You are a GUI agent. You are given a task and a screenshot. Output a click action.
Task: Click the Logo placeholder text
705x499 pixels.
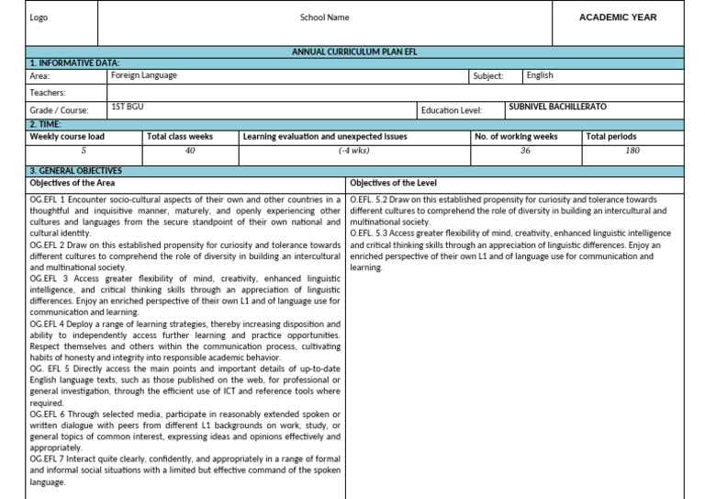point(39,17)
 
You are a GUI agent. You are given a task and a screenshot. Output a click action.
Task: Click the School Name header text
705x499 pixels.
point(324,17)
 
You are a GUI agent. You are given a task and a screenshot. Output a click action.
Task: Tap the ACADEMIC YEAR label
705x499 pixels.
point(618,17)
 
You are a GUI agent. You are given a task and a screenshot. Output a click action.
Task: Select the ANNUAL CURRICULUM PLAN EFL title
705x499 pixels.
point(353,52)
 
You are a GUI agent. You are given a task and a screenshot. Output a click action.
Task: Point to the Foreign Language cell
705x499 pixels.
point(144,75)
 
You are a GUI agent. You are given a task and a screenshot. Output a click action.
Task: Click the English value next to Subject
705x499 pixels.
point(540,75)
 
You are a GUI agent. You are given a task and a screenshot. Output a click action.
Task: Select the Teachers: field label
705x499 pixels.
point(48,93)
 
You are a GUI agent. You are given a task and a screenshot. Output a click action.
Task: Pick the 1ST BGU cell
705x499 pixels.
point(127,107)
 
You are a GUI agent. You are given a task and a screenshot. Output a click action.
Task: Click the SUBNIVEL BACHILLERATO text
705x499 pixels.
point(557,107)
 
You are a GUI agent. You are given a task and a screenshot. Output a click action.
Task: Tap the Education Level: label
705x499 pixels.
point(451,110)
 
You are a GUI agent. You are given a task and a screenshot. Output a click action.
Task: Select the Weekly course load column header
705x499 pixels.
point(67,136)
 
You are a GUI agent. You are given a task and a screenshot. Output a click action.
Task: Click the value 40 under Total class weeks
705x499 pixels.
point(190,150)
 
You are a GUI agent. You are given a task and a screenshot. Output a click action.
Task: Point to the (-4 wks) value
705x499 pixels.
point(353,150)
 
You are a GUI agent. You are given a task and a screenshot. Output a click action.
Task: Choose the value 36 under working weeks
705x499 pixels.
point(525,150)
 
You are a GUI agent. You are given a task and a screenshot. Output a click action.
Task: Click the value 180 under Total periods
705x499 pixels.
point(632,150)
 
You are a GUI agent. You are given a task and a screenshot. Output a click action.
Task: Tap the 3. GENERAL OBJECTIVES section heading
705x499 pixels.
point(75,171)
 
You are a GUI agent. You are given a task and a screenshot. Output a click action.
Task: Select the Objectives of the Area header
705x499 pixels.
point(73,183)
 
